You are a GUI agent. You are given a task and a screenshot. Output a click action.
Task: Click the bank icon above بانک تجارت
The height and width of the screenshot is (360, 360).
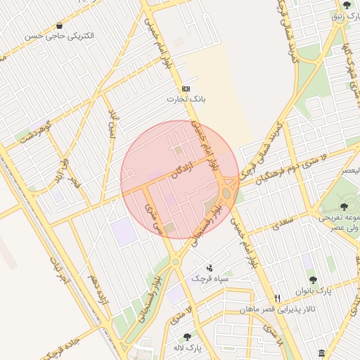coord(186,89)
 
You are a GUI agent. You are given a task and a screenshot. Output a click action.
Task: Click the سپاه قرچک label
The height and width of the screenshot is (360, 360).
coord(209,278)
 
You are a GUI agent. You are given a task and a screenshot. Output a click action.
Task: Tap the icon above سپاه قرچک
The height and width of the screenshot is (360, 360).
coord(210,268)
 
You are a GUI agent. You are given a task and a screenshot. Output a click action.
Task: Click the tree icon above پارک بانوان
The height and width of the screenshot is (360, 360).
coord(312,280)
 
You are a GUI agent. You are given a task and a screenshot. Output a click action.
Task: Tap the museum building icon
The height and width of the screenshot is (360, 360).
coord(321,352)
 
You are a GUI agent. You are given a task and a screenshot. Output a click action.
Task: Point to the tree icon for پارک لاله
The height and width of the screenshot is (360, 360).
coord(187,337)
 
